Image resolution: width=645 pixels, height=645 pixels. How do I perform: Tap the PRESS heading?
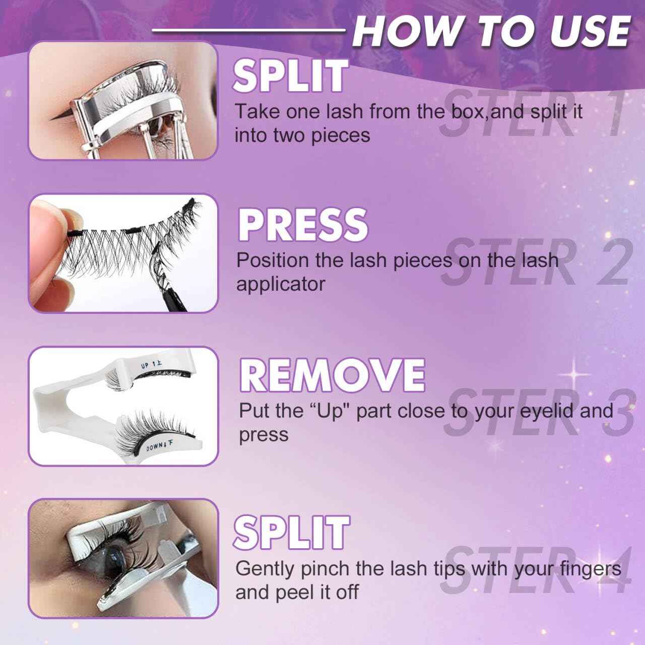tap(303, 224)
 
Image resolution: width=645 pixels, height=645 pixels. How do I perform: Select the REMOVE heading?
tap(333, 374)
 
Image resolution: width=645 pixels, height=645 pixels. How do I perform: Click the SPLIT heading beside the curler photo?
tap(290, 76)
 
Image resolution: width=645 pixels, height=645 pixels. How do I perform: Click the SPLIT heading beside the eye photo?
tap(292, 533)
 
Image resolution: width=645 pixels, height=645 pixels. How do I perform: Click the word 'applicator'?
tap(281, 285)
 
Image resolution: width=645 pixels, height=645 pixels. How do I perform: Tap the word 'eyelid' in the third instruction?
tap(546, 411)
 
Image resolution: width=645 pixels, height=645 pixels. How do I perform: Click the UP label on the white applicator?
tap(145, 365)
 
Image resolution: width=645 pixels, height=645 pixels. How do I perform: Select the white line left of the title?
tap(248, 30)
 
